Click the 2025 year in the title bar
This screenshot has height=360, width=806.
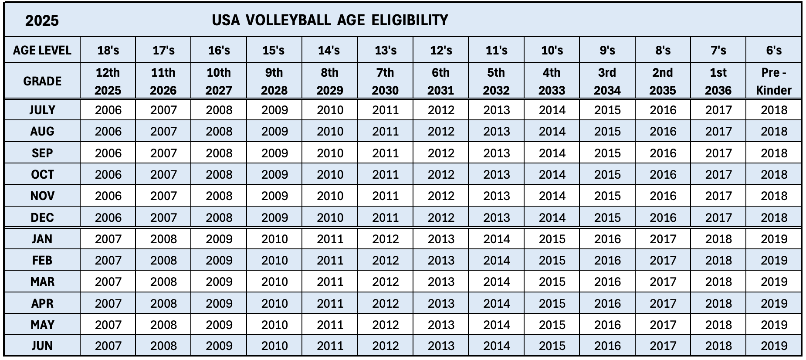click(x=42, y=20)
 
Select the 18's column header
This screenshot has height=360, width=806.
click(x=108, y=51)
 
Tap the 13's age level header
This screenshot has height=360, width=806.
click(x=386, y=51)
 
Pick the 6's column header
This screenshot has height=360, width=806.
click(x=774, y=51)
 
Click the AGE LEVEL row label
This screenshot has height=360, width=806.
click(x=42, y=51)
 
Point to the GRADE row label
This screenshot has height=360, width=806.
click(x=42, y=81)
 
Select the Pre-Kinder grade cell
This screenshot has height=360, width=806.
click(x=774, y=82)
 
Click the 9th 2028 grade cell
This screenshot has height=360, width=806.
click(x=274, y=82)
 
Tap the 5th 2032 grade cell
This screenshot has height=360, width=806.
click(x=496, y=82)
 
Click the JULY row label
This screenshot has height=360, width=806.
click(x=42, y=110)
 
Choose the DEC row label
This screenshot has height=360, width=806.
click(x=42, y=217)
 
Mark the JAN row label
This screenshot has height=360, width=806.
click(x=42, y=239)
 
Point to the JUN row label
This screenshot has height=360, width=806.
click(x=42, y=346)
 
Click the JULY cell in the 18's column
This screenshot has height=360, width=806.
click(x=108, y=110)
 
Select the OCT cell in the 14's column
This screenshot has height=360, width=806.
click(x=330, y=174)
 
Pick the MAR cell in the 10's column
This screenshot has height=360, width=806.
click(x=552, y=282)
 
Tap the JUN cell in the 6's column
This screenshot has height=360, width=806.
click(x=774, y=346)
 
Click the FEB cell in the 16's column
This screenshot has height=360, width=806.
click(x=219, y=260)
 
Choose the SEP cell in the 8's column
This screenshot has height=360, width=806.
click(x=663, y=153)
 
